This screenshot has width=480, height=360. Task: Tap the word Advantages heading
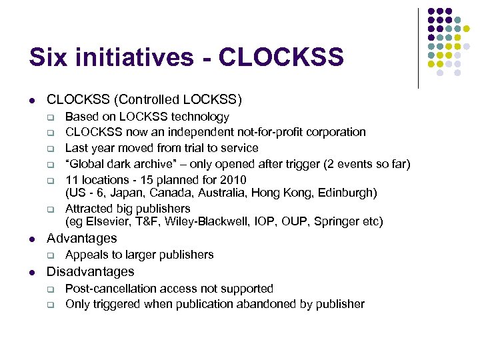click(x=81, y=238)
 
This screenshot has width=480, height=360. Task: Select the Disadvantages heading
click(x=90, y=271)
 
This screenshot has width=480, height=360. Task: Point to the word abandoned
click(x=277, y=304)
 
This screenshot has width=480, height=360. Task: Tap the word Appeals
click(x=88, y=255)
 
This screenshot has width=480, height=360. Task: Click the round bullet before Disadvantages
click(x=32, y=272)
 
